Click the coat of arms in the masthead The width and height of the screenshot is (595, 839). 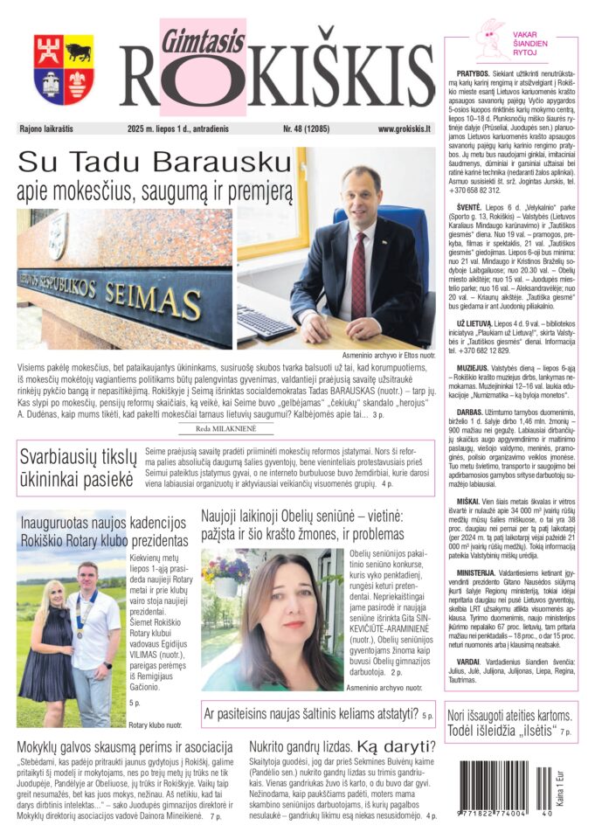coord(64,69)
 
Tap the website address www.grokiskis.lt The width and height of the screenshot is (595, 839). coord(405,128)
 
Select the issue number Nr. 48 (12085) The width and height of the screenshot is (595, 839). coord(308,128)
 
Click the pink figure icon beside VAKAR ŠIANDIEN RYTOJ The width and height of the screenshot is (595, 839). coord(490,40)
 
